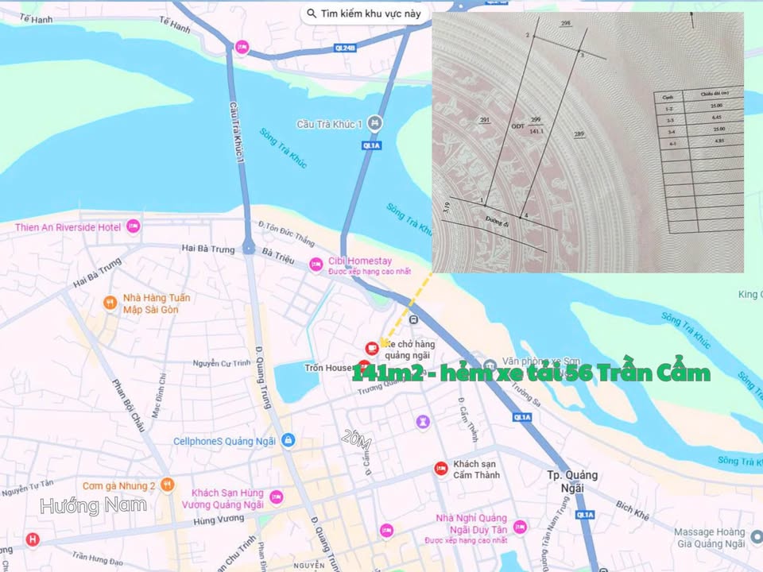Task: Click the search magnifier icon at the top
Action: (311, 14)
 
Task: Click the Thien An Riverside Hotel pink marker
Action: (133, 227)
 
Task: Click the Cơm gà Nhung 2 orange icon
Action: (167, 484)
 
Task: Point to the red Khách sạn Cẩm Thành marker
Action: (440, 469)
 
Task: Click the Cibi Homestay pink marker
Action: (316, 265)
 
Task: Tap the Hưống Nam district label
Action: (93, 505)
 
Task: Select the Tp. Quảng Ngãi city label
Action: (571, 481)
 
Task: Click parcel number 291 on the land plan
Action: (485, 120)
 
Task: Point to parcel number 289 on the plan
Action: (579, 133)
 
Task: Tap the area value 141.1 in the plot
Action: (536, 132)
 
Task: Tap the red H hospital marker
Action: (33, 540)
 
